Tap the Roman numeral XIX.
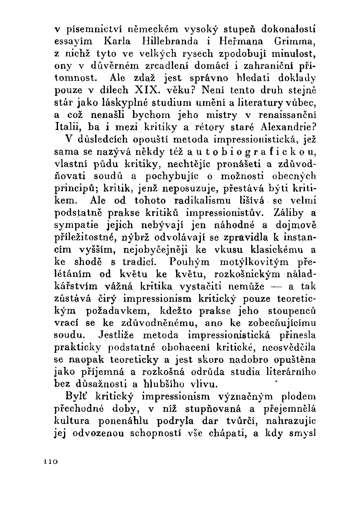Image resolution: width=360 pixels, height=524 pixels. [x=145, y=91]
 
